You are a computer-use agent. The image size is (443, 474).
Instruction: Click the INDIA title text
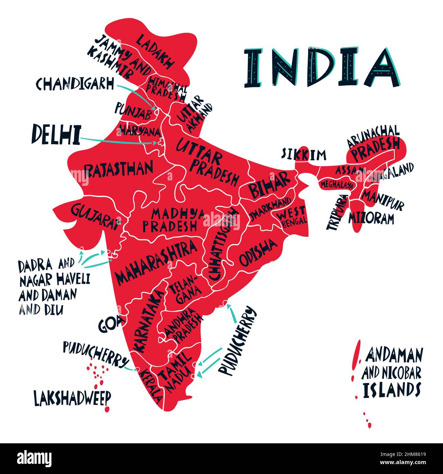(x=322, y=67)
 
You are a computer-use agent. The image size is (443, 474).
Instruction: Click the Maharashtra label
(x=156, y=261)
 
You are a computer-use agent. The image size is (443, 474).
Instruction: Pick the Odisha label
(x=258, y=252)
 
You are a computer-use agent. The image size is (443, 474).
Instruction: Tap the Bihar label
(x=269, y=185)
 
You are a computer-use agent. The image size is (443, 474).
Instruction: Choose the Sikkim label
(x=304, y=154)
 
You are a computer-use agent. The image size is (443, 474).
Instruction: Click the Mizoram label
(x=371, y=218)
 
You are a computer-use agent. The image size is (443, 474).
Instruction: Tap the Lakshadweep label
(x=73, y=398)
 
